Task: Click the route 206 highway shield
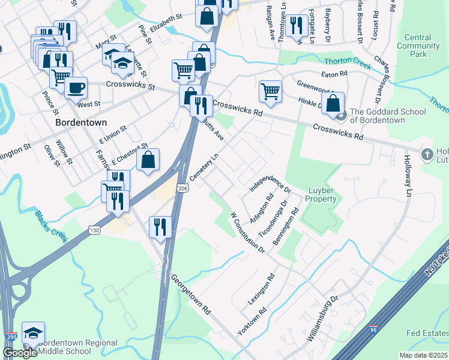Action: click(x=182, y=188)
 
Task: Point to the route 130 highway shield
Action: click(x=93, y=229)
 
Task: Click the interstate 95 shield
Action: click(x=373, y=328)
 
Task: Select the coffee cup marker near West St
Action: click(x=76, y=88)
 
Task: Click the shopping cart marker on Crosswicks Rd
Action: click(x=270, y=91)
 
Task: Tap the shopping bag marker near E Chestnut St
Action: click(x=148, y=160)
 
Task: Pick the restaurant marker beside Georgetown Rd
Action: click(x=160, y=226)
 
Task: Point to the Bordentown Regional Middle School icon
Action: click(x=33, y=333)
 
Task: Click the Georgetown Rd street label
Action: click(x=191, y=295)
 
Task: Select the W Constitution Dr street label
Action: click(x=248, y=232)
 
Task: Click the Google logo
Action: click(x=19, y=353)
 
